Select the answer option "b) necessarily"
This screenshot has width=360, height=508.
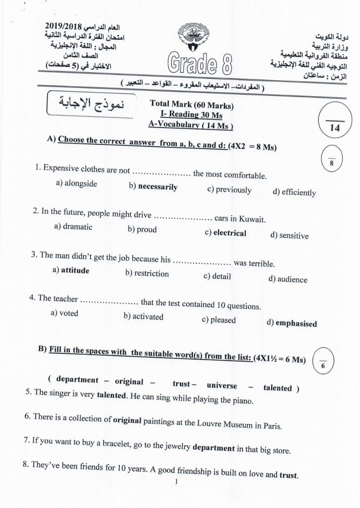(152, 188)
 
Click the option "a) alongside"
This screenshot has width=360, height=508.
(76, 184)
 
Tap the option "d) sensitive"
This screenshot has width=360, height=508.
(289, 236)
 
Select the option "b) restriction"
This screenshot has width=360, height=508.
(147, 273)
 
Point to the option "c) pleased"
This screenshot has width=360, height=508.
(218, 320)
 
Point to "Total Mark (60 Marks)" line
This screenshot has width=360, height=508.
(191, 105)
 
